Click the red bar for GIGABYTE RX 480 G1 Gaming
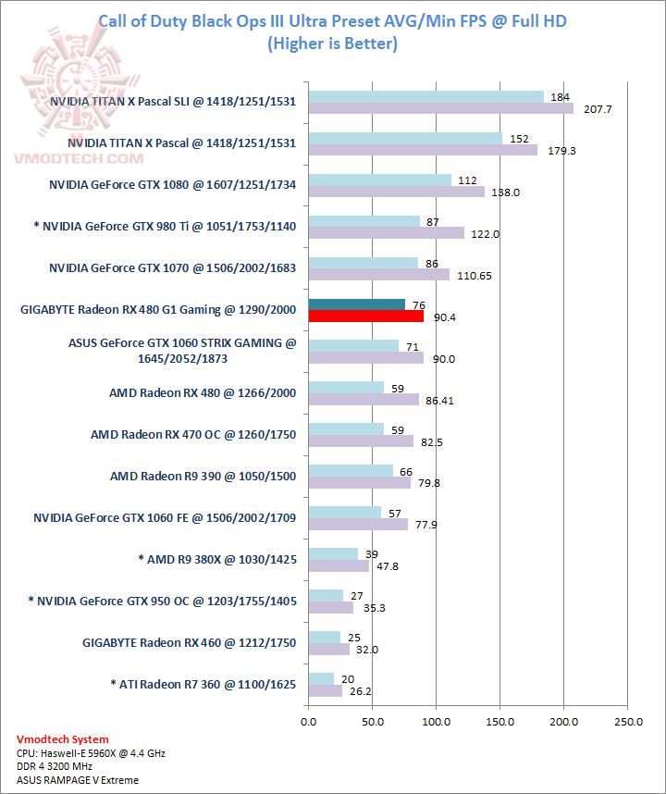point(365,316)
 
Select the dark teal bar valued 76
point(356,304)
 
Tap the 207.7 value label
point(590,109)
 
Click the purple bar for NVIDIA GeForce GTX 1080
point(396,192)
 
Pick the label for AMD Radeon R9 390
point(203,477)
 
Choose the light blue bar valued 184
point(425,97)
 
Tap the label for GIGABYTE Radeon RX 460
point(189,643)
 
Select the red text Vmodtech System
point(63,739)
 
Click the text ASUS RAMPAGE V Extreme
point(78,780)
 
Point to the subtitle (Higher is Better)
point(332,43)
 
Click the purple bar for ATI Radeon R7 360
point(325,691)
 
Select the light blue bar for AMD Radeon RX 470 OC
point(346,429)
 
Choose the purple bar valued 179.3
point(423,150)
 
